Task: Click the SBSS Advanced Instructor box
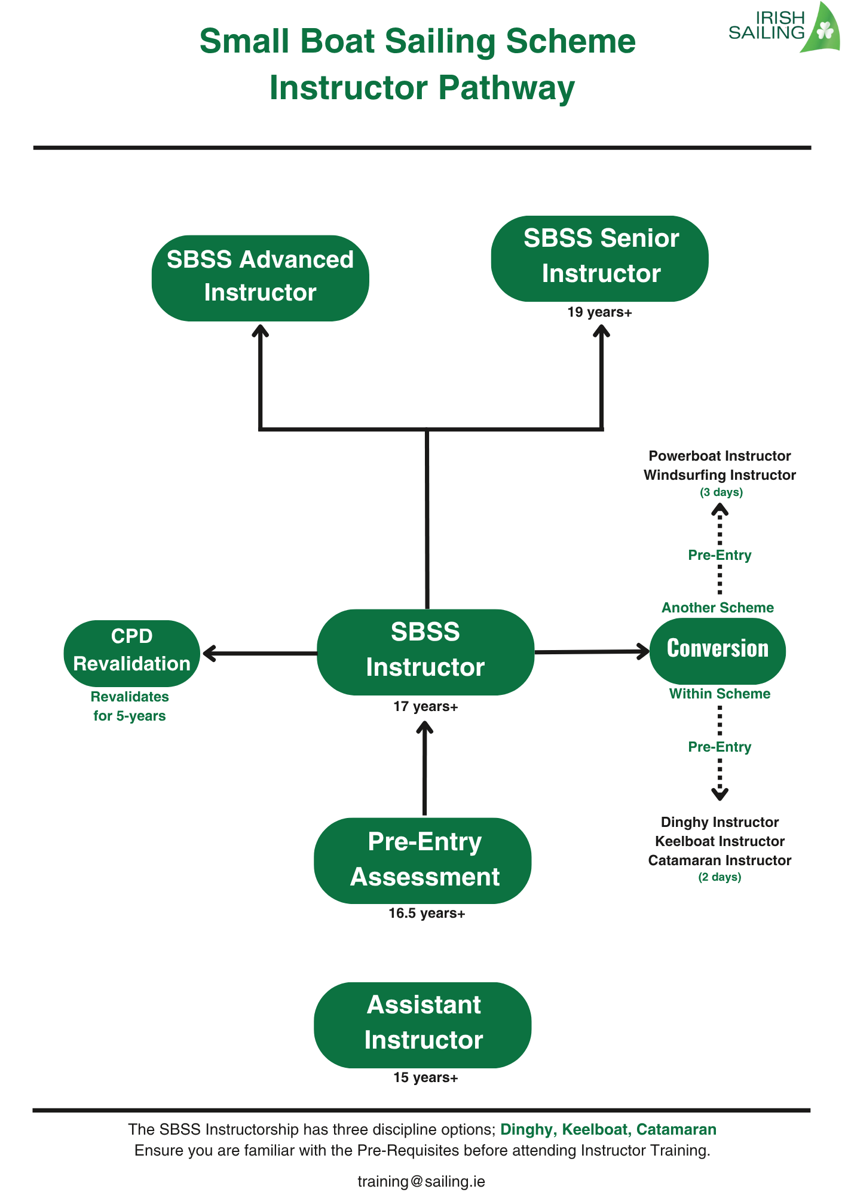(x=260, y=278)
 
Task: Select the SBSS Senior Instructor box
(x=599, y=258)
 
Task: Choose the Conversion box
(x=717, y=650)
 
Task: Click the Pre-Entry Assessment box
(x=422, y=860)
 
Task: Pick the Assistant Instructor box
(x=422, y=1025)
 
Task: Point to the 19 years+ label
(x=599, y=312)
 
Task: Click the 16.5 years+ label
(x=426, y=913)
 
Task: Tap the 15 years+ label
(x=425, y=1077)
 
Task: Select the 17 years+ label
(x=425, y=706)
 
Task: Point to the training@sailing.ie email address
(x=421, y=1181)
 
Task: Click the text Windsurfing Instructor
(x=720, y=475)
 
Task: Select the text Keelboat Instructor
(x=720, y=841)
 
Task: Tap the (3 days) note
(x=721, y=492)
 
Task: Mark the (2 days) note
(x=720, y=877)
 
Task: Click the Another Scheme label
(x=717, y=608)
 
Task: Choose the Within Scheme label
(x=720, y=694)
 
